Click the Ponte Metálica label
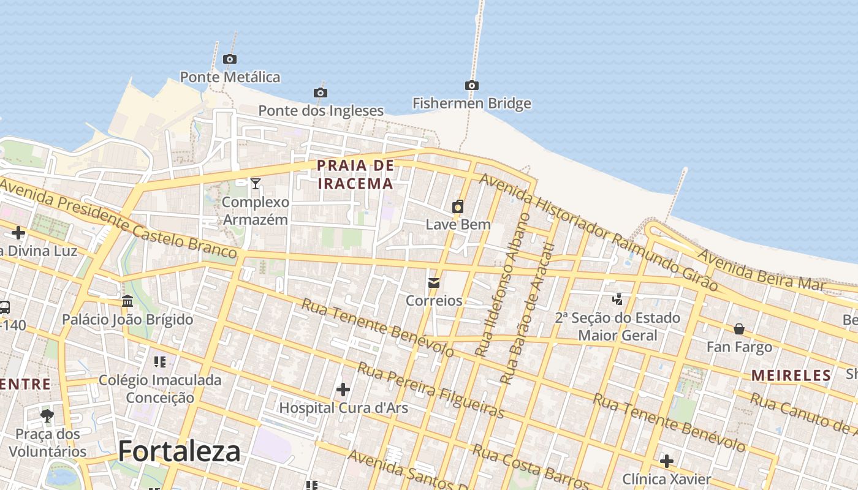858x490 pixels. [230, 77]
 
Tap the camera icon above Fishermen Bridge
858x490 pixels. [471, 85]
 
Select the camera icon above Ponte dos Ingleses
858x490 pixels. [320, 92]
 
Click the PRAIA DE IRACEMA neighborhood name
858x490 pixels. [355, 175]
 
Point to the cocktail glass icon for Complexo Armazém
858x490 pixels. [256, 183]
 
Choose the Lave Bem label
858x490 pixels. [458, 224]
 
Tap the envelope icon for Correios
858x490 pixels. [434, 282]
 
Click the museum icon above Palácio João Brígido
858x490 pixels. [127, 301]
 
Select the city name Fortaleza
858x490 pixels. [179, 451]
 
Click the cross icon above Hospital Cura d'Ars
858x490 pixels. [343, 389]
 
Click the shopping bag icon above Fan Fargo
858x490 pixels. [739, 329]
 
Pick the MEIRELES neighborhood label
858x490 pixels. [791, 375]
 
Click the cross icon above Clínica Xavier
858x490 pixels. [667, 461]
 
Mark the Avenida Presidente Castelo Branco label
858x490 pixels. [116, 217]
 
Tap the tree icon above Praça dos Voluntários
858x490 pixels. [47, 416]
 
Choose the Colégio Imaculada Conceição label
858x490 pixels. [160, 389]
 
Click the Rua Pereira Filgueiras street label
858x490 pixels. [430, 390]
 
